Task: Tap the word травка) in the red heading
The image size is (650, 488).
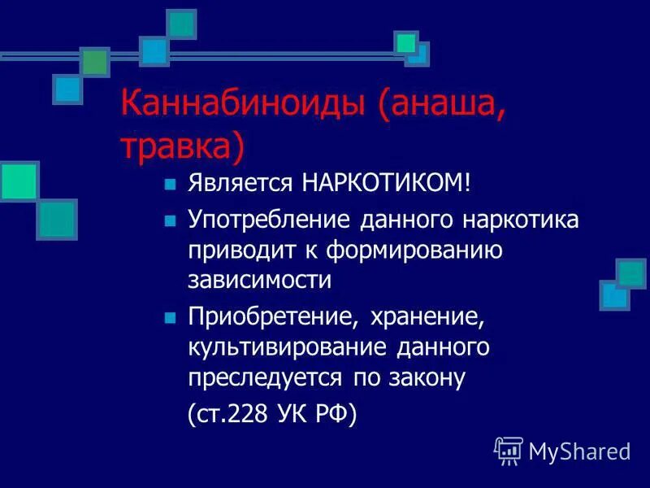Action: pos(182,146)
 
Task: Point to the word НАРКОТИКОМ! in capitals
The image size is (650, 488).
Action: pos(385,183)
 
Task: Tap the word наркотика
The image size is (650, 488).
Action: pos(520,220)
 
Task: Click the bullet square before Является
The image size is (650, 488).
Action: pos(170,184)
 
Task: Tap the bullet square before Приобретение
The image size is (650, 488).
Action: pos(170,317)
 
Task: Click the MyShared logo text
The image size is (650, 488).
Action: pos(579,451)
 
